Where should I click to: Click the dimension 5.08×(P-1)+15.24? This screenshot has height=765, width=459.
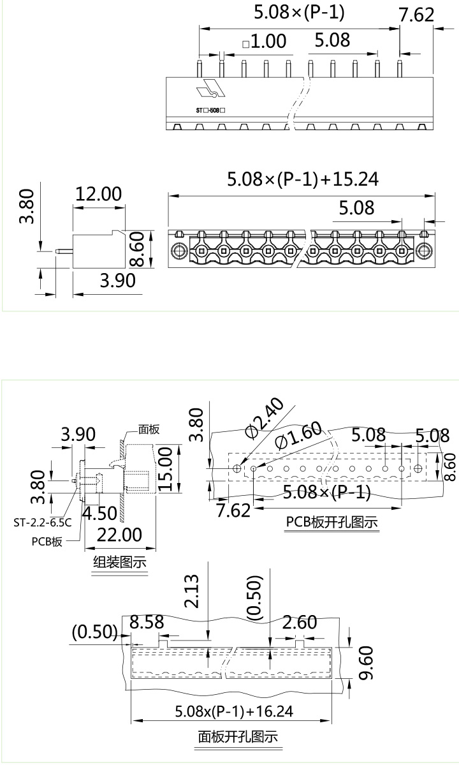[x=303, y=179]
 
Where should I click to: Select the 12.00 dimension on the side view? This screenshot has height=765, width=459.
[x=98, y=194]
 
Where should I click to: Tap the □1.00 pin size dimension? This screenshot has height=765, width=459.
[x=265, y=42]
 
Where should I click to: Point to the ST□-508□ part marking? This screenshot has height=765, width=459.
[x=211, y=110]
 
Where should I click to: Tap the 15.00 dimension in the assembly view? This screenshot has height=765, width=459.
[x=167, y=469]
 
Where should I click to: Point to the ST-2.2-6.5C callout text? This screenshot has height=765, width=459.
[x=42, y=523]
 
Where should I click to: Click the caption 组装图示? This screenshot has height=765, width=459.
[x=120, y=563]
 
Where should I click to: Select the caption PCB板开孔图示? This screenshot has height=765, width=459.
[x=331, y=521]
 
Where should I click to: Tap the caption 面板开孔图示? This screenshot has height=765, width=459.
[x=238, y=737]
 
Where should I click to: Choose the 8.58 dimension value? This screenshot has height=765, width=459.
[x=147, y=623]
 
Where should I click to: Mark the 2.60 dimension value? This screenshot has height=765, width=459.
[x=299, y=622]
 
